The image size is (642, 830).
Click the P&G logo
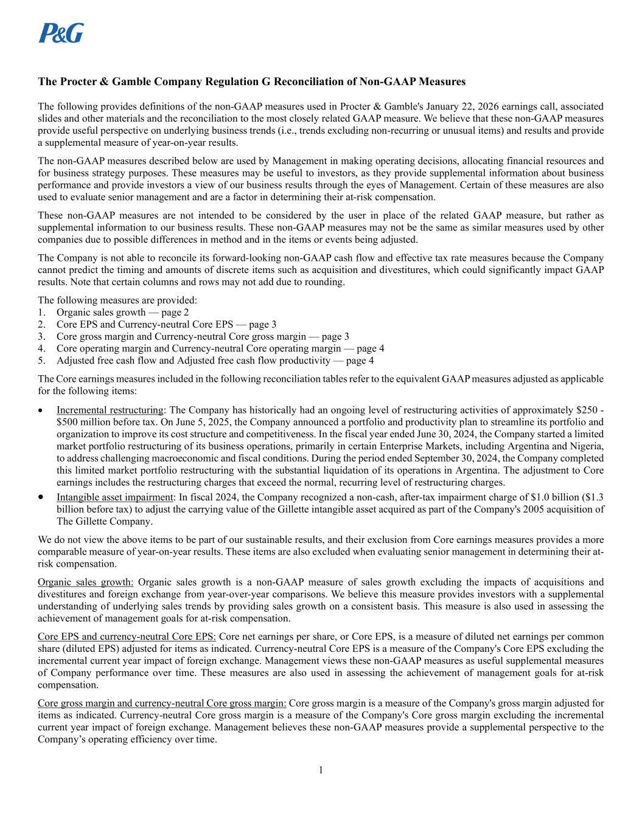[x=61, y=33]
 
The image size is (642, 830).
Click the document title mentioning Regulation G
[x=251, y=81]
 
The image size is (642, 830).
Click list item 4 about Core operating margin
[x=220, y=348]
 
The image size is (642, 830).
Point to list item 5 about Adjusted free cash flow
[x=215, y=361]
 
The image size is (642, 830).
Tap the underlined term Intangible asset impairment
[x=115, y=497]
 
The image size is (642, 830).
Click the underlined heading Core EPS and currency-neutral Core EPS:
[x=127, y=637]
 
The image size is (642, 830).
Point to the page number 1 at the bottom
[x=321, y=770]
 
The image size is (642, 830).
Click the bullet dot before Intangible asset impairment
[x=41, y=497]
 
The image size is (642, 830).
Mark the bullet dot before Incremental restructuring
[x=41, y=410]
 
